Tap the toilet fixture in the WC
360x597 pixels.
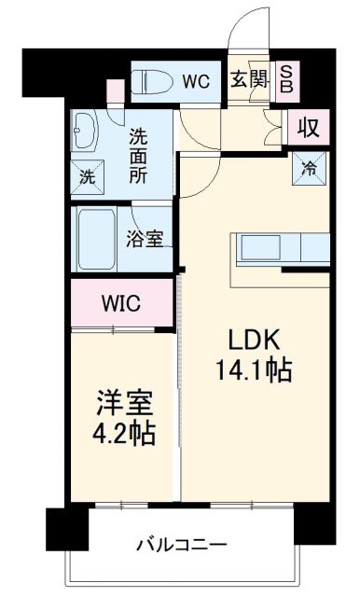click(153, 81)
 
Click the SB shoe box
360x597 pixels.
click(287, 80)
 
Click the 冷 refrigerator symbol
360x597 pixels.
click(309, 169)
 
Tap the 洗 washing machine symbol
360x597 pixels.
click(86, 174)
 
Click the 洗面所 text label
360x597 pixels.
click(138, 154)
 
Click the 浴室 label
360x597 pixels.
click(145, 238)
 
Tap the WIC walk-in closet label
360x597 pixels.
click(121, 303)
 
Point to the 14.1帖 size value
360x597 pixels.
click(250, 370)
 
